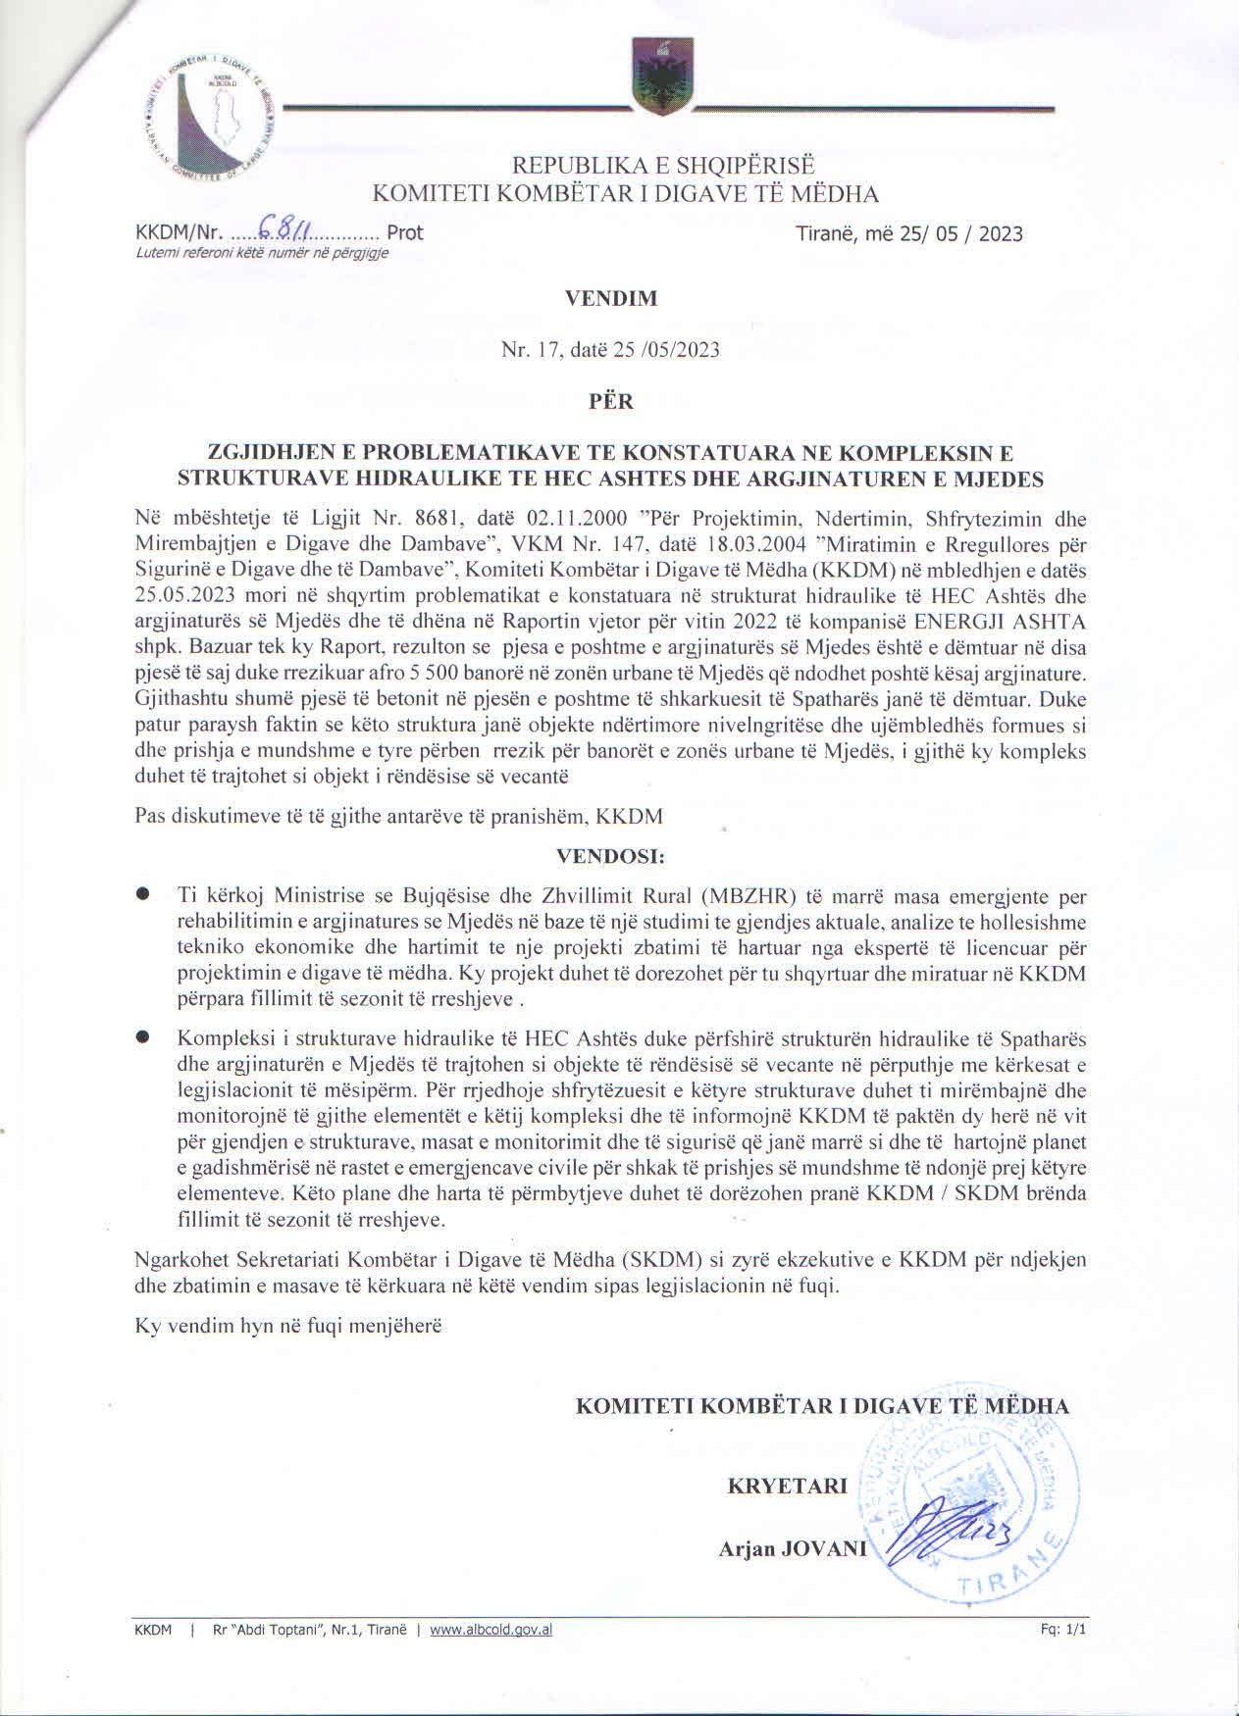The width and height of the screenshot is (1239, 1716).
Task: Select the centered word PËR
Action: tap(610, 401)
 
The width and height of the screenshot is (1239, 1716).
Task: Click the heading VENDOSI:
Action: tap(610, 855)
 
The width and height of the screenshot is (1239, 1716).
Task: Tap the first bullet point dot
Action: tap(143, 894)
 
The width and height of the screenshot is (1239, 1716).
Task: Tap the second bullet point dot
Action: tap(143, 1036)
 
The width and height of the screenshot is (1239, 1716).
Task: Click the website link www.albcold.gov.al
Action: tap(491, 1629)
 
